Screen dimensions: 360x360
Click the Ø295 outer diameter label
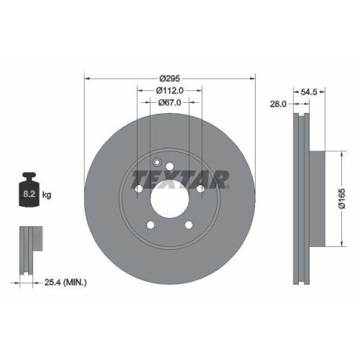tap(170, 78)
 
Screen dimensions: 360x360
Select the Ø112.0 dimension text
tap(170, 90)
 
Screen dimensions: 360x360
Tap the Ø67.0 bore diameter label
tap(170, 102)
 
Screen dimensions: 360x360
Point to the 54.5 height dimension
tap(308, 92)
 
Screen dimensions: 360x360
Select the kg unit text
tap(47, 194)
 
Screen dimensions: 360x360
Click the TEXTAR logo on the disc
tap(180, 177)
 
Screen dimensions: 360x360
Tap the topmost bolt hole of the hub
tap(170, 167)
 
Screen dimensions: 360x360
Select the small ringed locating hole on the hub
tap(156, 161)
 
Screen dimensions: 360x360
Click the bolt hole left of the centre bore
tap(138, 188)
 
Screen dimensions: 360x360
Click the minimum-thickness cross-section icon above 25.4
tap(28, 248)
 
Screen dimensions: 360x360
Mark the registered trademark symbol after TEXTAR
tap(229, 186)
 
